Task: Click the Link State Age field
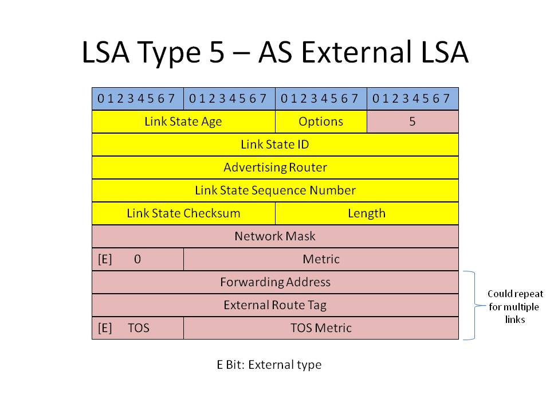[183, 122]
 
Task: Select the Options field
[321, 122]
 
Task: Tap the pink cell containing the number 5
[412, 122]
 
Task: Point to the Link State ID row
[275, 145]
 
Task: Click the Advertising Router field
[275, 167]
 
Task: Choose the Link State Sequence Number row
[275, 190]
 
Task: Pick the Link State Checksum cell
[183, 213]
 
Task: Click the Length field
[367, 213]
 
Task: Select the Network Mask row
[275, 236]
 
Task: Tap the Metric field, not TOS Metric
[321, 259]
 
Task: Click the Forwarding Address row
[275, 282]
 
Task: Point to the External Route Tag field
[275, 305]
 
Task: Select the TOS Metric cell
[321, 328]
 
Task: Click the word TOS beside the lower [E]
[139, 328]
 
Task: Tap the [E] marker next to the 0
[105, 259]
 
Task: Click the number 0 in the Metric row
[137, 259]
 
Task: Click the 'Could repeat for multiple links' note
[515, 306]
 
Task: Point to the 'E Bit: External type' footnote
[269, 365]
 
